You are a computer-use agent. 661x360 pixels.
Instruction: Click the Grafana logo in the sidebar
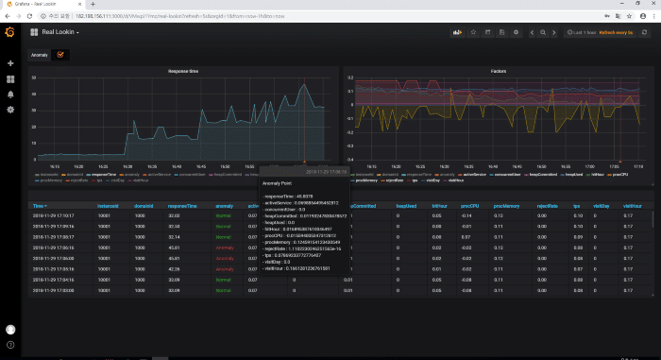click(x=10, y=34)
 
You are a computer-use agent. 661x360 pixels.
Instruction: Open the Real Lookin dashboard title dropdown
click(x=59, y=33)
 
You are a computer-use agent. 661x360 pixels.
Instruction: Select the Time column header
click(x=39, y=205)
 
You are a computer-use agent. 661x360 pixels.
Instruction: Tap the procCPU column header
click(x=468, y=205)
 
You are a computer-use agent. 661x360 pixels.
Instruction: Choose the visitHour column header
click(x=622, y=205)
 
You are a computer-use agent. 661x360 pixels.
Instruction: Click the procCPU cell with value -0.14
click(x=466, y=216)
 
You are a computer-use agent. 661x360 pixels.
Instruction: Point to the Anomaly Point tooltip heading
click(x=278, y=183)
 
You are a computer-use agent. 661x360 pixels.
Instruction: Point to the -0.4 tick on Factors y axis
click(x=350, y=159)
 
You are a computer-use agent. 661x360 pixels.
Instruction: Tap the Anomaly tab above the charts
click(x=39, y=55)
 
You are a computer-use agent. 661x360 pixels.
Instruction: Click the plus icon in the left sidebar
click(x=10, y=63)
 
